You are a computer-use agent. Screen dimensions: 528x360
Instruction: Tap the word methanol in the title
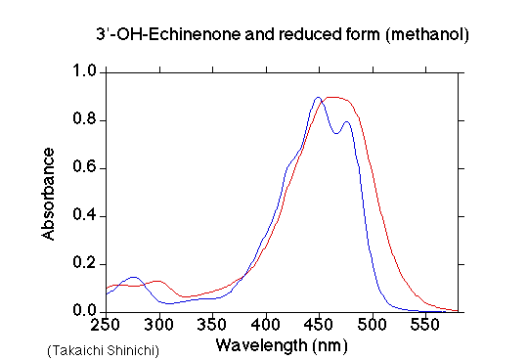coord(427,34)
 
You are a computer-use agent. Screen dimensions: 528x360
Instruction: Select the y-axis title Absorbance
coord(48,194)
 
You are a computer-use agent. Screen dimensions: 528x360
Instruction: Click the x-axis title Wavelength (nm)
coord(282,346)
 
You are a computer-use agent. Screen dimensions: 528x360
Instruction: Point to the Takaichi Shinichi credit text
coord(103,350)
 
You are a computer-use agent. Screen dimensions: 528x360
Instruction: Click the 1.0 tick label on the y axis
coord(84,71)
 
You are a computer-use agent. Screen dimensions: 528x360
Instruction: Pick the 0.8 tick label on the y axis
coord(84,119)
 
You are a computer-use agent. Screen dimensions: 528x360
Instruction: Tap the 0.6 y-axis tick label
coord(84,167)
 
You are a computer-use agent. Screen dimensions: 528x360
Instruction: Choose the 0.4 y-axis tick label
coord(84,215)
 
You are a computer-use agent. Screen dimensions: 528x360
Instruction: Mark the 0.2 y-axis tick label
coord(84,263)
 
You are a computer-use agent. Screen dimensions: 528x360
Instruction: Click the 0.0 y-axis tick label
coord(84,310)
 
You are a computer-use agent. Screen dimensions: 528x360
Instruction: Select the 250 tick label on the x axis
coord(106,325)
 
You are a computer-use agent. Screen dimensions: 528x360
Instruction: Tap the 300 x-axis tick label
coord(159,325)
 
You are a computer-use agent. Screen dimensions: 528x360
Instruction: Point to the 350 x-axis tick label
coord(212,325)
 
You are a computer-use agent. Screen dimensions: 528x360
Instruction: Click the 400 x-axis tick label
coord(266,325)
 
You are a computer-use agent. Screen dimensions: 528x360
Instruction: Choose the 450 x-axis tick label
coord(319,325)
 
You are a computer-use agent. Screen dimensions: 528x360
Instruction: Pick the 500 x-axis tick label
coord(372,325)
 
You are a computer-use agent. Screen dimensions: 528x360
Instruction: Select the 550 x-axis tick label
coord(425,325)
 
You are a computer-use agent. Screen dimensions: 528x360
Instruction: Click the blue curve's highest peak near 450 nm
coord(318,97)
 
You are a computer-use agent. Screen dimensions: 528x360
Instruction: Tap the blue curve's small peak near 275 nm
coord(134,277)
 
